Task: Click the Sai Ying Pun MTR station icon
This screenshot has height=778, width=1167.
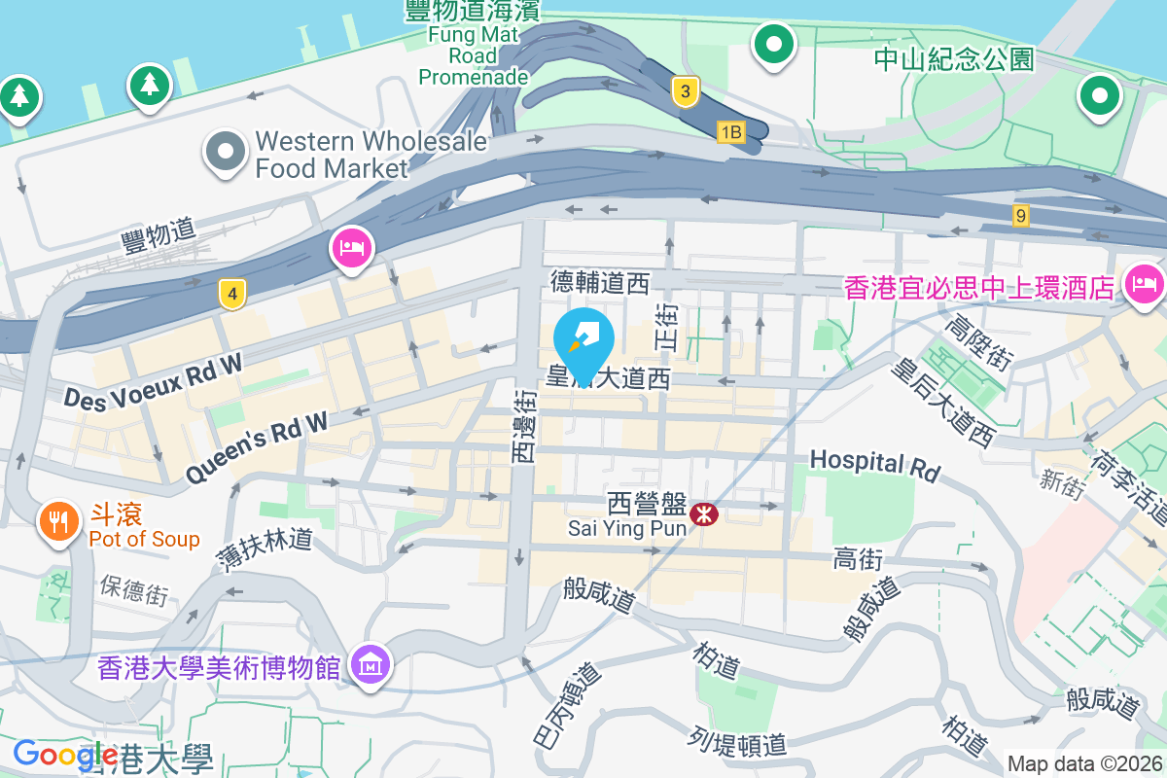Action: coord(704,513)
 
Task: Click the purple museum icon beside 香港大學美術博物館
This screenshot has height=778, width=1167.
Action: coord(370,666)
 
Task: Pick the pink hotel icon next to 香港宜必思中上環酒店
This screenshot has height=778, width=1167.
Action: coord(1144,285)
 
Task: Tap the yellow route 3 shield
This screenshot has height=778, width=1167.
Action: coord(686,92)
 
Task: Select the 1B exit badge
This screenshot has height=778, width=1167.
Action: coord(730,131)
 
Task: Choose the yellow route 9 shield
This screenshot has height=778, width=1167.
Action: coord(1020,216)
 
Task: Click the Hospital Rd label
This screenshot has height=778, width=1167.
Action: coord(875,464)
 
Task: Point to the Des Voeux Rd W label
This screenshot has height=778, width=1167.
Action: coord(154,379)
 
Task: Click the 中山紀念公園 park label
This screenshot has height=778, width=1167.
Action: coord(953,59)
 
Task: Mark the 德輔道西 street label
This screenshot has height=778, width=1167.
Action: coord(599,283)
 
